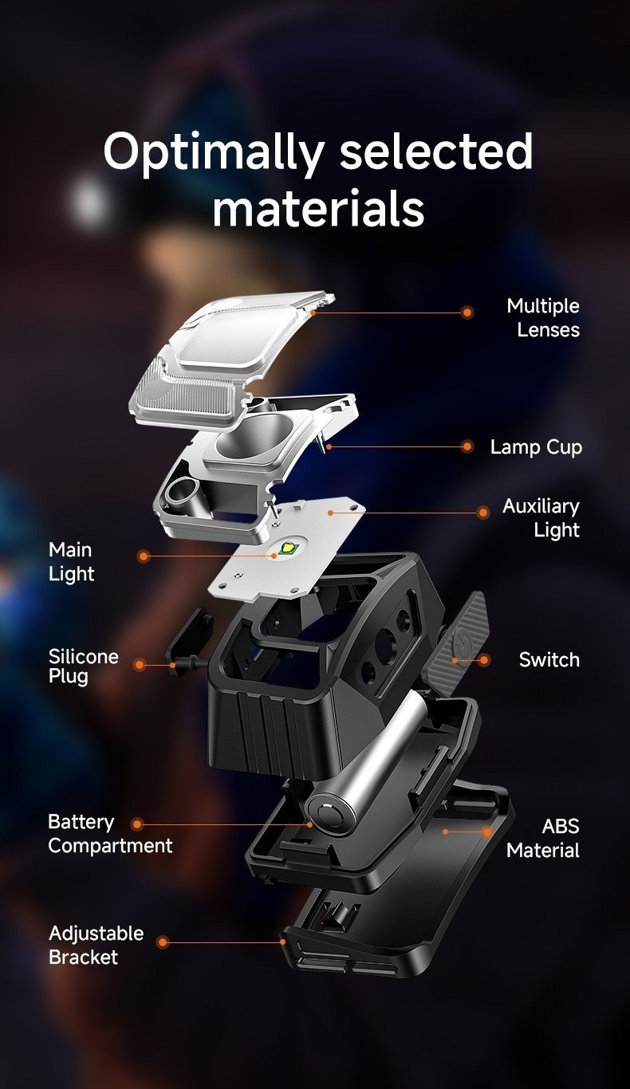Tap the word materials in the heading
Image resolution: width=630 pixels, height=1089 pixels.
[x=319, y=208]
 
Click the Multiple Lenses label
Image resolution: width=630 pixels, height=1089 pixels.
[x=543, y=317]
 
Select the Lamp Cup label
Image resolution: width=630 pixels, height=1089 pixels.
[x=536, y=446]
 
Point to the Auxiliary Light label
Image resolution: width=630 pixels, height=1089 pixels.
[x=541, y=517]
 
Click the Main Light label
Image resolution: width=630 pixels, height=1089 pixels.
[x=71, y=561]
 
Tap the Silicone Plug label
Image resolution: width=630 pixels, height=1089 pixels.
[x=83, y=666]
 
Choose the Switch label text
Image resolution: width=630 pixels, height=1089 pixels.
[x=549, y=660]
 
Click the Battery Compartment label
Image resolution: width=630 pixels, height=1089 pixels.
[x=110, y=834]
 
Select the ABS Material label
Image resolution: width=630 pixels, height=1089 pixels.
[x=543, y=838]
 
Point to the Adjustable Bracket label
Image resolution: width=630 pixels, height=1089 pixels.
[x=96, y=945]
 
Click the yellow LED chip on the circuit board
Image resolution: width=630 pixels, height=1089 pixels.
[x=286, y=548]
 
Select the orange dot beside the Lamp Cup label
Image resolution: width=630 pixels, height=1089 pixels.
[x=467, y=446]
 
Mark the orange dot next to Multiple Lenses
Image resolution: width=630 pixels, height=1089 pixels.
[x=467, y=313]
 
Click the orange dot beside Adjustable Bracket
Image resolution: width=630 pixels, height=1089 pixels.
[x=163, y=942]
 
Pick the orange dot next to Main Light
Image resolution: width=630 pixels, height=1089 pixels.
[x=143, y=556]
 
